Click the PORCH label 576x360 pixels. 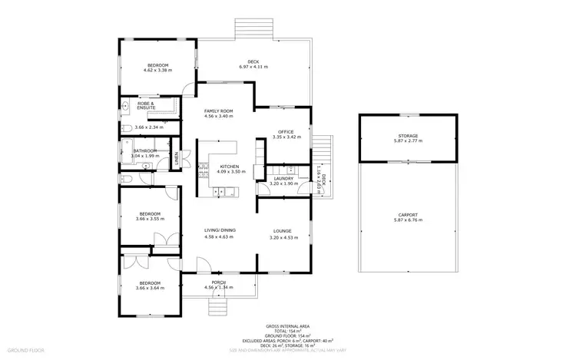[x=219, y=283]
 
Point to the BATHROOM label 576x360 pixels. [x=145, y=150]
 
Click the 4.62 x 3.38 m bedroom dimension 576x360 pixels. [x=157, y=70]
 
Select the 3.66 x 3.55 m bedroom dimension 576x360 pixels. [x=149, y=219]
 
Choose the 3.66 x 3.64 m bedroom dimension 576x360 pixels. [x=149, y=287]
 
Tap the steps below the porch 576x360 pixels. [x=219, y=305]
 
